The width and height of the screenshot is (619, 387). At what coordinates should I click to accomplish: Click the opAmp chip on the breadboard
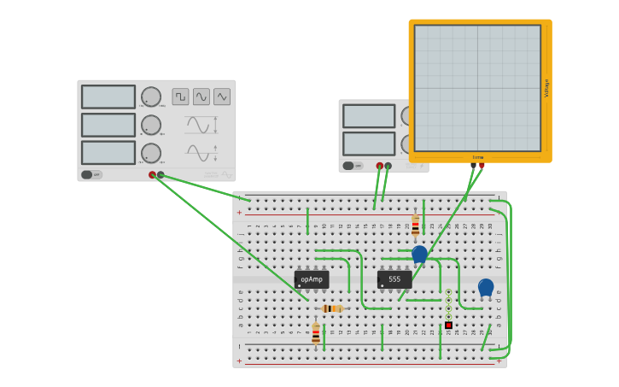point(312,279)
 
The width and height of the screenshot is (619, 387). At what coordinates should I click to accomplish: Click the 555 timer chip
point(394,279)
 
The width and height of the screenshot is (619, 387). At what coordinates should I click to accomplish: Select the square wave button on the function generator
point(180,97)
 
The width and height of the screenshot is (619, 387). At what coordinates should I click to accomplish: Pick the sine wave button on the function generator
point(201,97)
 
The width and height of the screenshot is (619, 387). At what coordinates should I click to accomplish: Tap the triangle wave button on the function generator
point(222,97)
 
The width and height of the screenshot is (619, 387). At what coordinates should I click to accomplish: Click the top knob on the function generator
point(151,97)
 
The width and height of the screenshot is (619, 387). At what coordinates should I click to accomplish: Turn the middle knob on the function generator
point(151,126)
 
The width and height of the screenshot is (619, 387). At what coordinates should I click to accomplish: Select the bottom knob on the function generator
point(151,153)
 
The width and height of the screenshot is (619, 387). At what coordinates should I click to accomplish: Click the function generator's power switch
point(87,174)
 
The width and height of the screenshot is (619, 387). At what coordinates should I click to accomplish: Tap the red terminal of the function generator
point(153,175)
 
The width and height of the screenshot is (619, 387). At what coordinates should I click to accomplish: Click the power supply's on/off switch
point(348,166)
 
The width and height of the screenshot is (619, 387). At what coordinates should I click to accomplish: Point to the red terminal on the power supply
point(380,166)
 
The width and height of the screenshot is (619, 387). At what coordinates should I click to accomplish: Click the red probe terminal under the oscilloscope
point(481,166)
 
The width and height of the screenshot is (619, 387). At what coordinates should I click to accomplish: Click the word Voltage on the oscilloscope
point(546,88)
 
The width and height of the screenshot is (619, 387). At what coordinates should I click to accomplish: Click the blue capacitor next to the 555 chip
point(419,254)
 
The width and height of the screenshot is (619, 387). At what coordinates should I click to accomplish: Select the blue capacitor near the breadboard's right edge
point(486,287)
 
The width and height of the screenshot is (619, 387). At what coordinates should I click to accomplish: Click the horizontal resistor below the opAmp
point(332,308)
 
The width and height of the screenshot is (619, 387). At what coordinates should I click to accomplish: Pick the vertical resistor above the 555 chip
point(416,225)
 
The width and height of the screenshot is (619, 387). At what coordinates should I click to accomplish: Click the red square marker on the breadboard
point(448,325)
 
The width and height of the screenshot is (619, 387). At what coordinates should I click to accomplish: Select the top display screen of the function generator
point(108,97)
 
